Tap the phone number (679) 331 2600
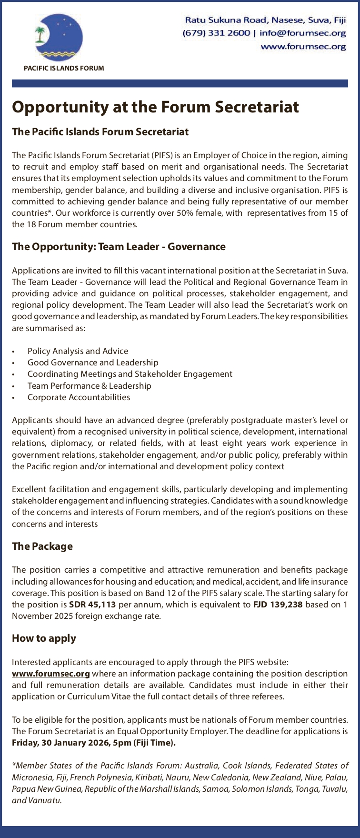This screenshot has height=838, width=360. point(216,33)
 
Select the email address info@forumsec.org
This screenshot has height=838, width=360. point(303,33)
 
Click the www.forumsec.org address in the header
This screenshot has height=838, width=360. point(303,46)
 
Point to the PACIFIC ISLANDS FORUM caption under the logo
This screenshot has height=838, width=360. point(64,68)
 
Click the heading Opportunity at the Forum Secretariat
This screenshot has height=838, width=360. point(155,107)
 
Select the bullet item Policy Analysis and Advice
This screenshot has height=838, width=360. point(78,351)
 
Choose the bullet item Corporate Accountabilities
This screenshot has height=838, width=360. point(79,397)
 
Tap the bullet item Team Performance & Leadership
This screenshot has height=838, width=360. point(89,386)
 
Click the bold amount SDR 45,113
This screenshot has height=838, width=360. point(92,605)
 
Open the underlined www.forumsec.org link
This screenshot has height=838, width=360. point(51,674)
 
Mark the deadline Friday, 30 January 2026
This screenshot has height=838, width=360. point(62,743)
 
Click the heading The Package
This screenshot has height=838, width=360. point(42,546)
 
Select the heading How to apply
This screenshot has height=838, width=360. point(44,638)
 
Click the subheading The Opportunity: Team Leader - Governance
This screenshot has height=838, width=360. point(119,247)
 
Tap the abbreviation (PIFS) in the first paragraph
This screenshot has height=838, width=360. point(164,155)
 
